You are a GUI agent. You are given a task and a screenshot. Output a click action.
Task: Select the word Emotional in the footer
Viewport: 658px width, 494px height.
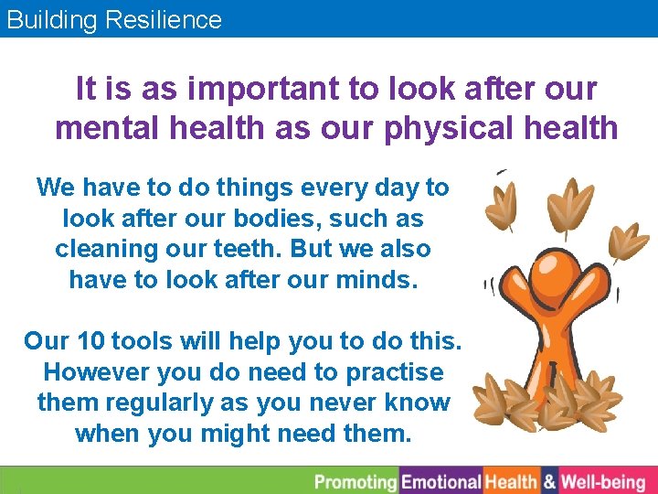click(441, 481)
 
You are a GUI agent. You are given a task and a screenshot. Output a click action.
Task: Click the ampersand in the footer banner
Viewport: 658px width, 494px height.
click(549, 481)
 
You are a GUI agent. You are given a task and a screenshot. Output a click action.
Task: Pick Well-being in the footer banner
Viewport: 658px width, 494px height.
click(603, 481)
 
